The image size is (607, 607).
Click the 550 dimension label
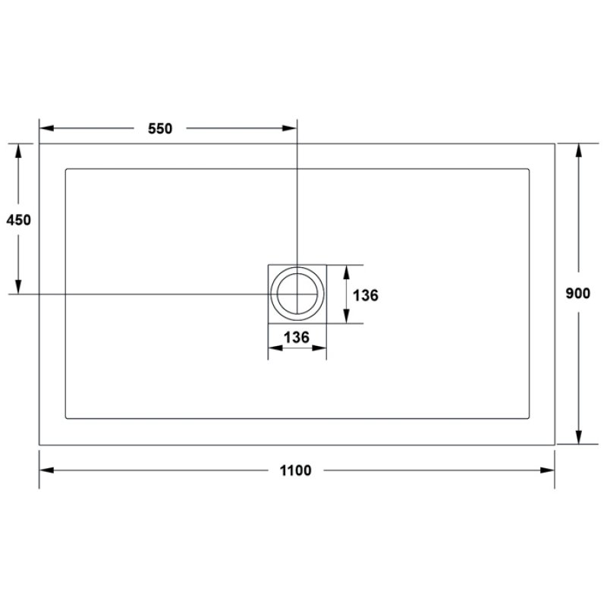160,128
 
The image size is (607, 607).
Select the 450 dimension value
18,220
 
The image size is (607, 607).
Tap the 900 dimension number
578,294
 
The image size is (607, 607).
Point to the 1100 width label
295,470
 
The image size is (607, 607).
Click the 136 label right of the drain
366,295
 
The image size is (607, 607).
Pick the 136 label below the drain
297,338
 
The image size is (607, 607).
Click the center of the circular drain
297,294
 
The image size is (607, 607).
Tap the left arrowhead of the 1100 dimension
46,470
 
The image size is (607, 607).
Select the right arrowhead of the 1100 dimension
547,470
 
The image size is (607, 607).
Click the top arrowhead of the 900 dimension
579,150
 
